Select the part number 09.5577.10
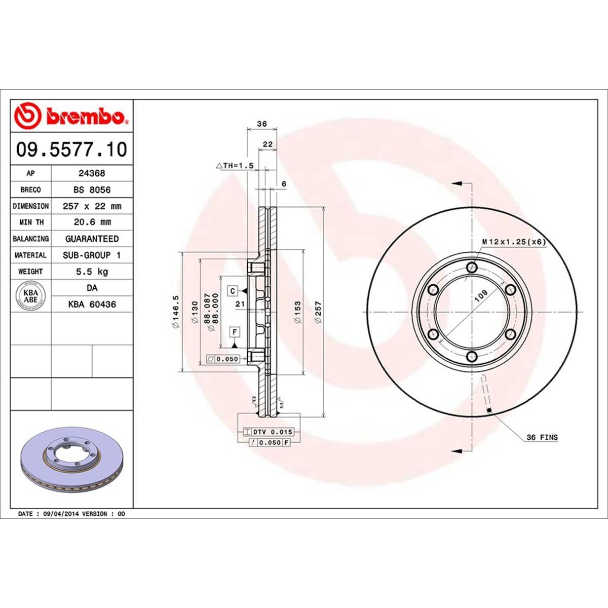[71, 149]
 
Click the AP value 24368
[92, 173]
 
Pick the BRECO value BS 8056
[92, 189]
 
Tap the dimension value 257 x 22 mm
[92, 206]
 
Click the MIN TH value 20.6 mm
[92, 222]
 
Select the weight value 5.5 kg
[92, 272]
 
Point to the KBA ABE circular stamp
[31, 296]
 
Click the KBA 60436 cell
[92, 305]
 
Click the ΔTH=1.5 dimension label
[234, 166]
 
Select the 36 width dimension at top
[262, 124]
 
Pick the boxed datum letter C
[233, 291]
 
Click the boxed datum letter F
[235, 332]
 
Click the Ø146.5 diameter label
[175, 313]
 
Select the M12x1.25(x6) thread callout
[514, 242]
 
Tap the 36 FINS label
[542, 437]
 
